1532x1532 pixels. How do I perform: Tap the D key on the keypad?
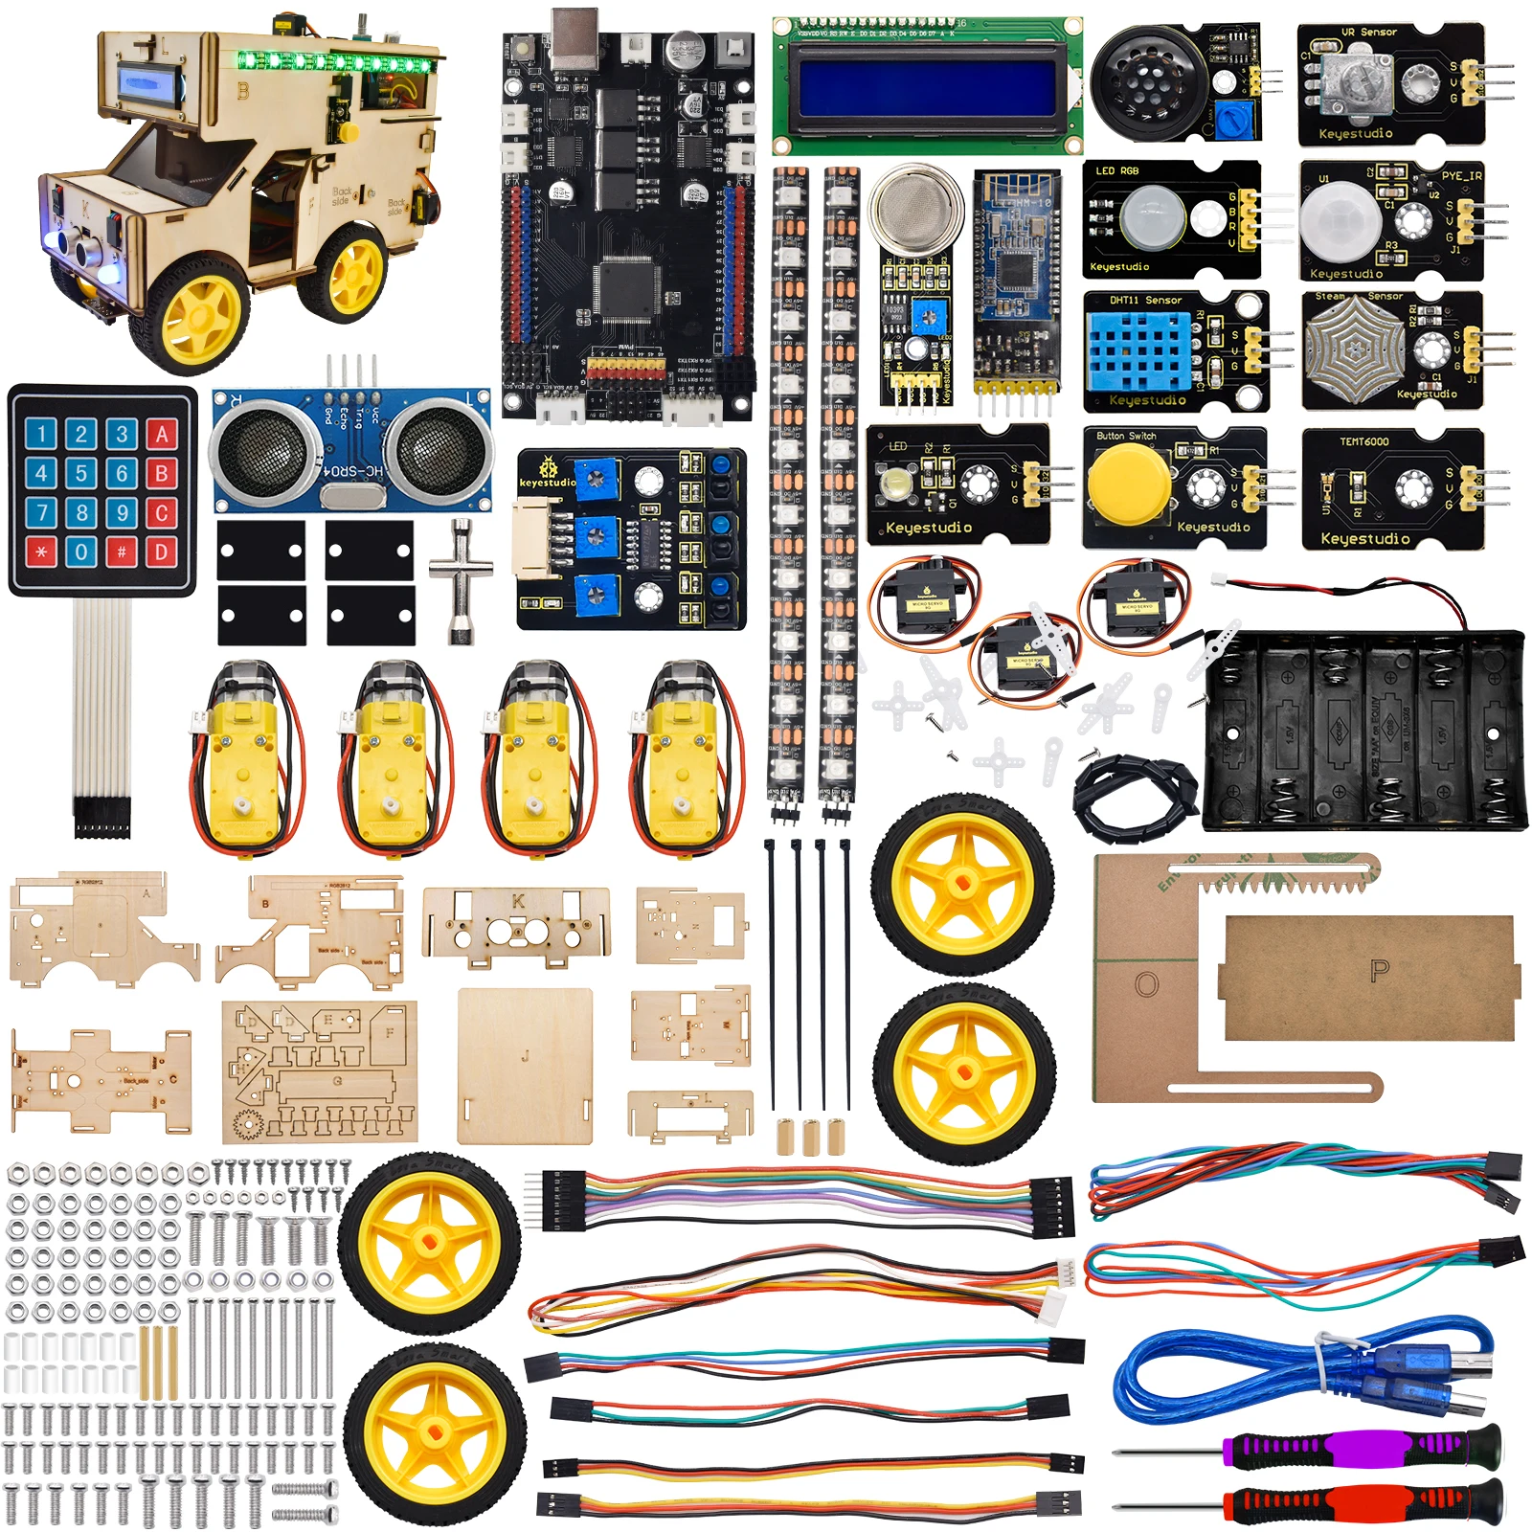[x=161, y=552]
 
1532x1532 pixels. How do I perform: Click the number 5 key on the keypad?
[x=81, y=473]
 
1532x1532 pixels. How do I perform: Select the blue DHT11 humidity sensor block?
[x=1138, y=350]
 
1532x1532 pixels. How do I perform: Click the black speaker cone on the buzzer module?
[x=1143, y=78]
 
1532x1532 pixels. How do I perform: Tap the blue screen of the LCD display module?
[x=927, y=85]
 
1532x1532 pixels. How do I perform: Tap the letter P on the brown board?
[x=1380, y=971]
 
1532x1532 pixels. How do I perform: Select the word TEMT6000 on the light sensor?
[x=1363, y=442]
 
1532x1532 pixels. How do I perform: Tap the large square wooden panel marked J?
[x=525, y=1065]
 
